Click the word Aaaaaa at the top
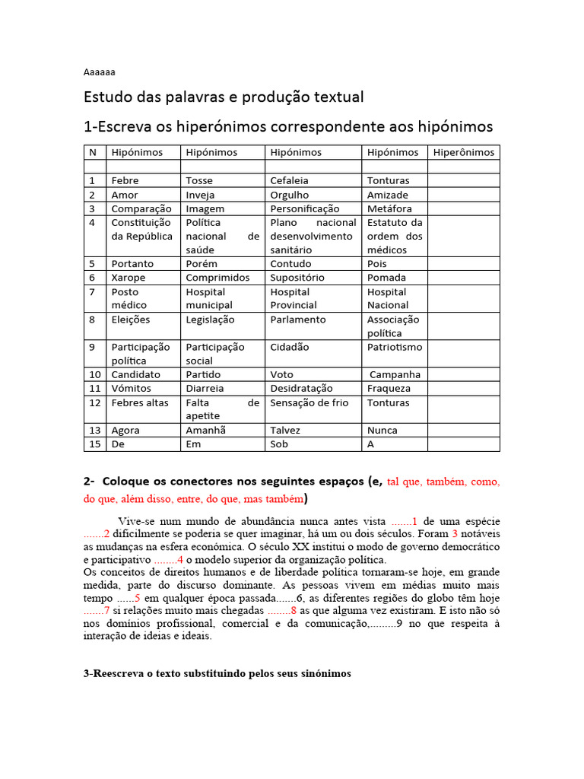(99, 72)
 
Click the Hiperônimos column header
(463, 152)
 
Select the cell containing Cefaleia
(290, 180)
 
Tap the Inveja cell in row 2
(200, 195)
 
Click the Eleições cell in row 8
(131, 320)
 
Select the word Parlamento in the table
(298, 320)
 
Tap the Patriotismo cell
(395, 347)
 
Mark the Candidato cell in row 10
(136, 374)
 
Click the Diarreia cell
(205, 388)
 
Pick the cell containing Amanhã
(205, 430)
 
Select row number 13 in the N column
(94, 430)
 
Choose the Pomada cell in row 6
(386, 278)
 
